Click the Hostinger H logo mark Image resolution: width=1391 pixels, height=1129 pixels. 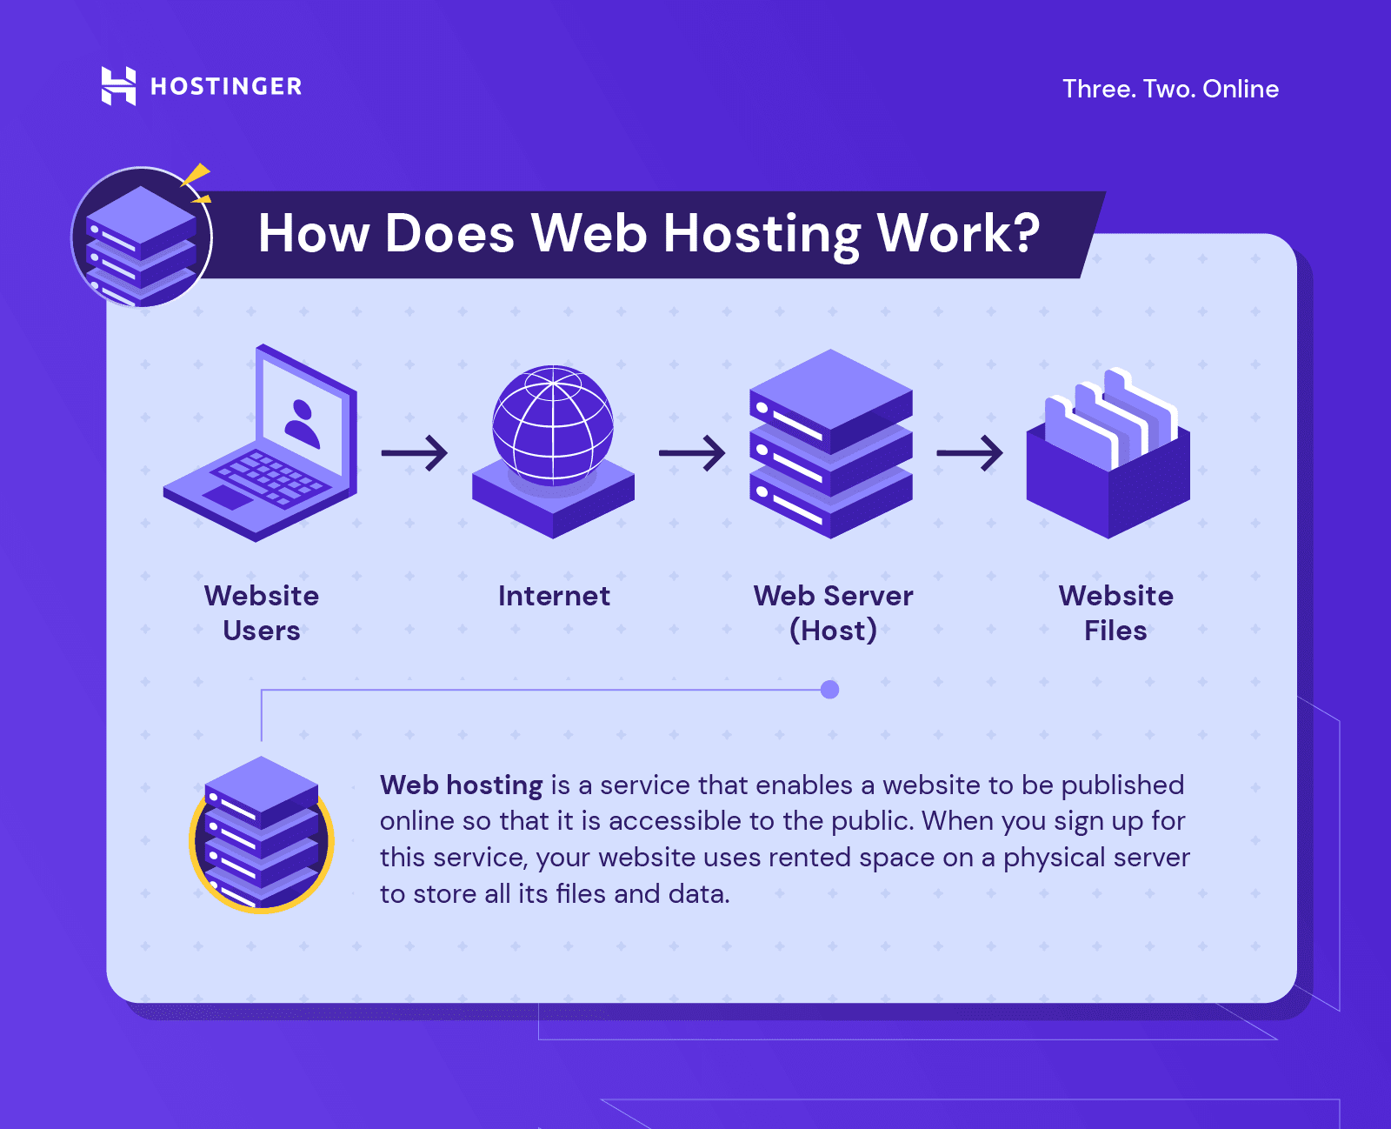tap(118, 85)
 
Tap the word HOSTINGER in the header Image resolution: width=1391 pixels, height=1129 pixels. tap(226, 86)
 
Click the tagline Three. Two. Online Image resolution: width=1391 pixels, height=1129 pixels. tap(1170, 89)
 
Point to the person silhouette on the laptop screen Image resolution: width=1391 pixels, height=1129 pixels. tap(302, 424)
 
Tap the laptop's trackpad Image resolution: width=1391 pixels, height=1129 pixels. tap(227, 498)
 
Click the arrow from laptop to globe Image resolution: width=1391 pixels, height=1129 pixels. tap(414, 452)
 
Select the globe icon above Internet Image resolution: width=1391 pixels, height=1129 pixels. tap(553, 451)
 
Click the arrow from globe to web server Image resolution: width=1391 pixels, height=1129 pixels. tap(691, 452)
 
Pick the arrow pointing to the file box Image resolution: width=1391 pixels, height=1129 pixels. tap(969, 452)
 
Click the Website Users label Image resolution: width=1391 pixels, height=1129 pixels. tap(261, 613)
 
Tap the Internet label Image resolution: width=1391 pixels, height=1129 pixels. tap(554, 596)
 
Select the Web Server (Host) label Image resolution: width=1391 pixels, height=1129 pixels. tap(833, 613)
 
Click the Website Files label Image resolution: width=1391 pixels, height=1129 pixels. tap(1115, 613)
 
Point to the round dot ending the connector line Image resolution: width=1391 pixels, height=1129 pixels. tap(829, 689)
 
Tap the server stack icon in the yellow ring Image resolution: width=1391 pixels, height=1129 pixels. tap(261, 834)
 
